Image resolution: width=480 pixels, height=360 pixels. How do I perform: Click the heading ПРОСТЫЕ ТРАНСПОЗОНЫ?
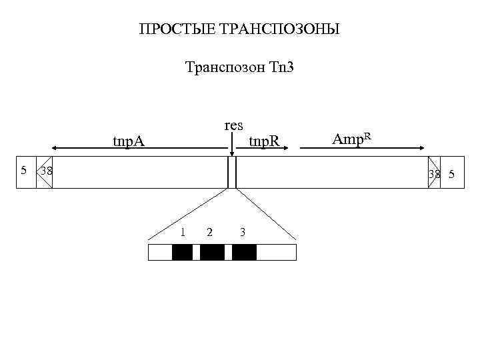tap(239, 30)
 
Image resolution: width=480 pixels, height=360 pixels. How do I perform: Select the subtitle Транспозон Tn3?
tap(239, 68)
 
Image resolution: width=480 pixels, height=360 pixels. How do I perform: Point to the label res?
tap(234, 125)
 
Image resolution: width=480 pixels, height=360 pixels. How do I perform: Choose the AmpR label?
tap(351, 139)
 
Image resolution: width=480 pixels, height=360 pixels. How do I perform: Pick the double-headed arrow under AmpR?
tap(361, 149)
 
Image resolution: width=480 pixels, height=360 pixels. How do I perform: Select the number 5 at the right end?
tap(451, 175)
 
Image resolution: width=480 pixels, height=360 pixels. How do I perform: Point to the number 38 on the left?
tap(47, 171)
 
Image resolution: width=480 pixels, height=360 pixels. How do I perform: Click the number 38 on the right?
tap(435, 175)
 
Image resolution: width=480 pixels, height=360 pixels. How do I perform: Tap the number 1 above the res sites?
tap(183, 231)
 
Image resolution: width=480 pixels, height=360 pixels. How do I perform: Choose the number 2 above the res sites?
tap(210, 232)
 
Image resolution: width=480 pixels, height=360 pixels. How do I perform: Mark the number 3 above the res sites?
tap(243, 232)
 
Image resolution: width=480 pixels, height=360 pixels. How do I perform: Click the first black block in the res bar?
tap(182, 252)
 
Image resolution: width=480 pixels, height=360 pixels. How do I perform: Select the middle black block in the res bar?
tap(212, 252)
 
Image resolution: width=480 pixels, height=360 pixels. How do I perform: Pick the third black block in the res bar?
tap(244, 252)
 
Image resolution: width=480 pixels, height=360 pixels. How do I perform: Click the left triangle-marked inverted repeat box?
tap(43, 172)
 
